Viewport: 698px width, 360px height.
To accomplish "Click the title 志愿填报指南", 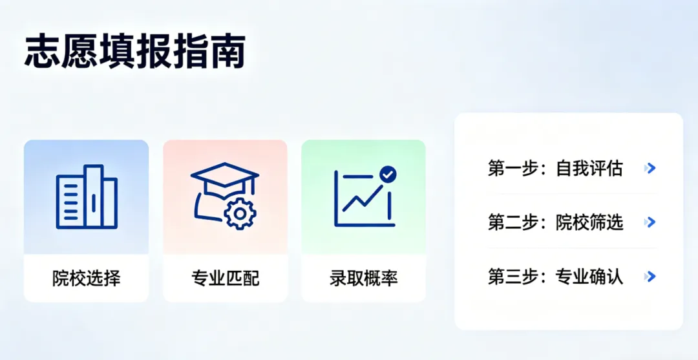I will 136,52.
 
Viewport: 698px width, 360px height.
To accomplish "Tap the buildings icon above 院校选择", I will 87,196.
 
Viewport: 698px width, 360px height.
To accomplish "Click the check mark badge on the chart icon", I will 388,174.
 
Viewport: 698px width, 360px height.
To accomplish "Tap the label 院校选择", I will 87,279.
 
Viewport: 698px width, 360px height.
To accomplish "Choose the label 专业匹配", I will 225,279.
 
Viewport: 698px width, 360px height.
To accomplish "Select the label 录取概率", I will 364,279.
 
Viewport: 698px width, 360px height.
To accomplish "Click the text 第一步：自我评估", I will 555,169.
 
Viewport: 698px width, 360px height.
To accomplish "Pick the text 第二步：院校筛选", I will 555,222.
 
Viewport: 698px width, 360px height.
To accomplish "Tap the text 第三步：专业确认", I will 555,277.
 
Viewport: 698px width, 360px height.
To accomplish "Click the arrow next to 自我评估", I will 650,169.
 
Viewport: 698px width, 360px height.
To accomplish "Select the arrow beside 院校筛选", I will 650,222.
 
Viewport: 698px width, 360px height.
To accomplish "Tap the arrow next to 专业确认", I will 650,277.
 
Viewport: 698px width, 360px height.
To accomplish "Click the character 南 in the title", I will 227,52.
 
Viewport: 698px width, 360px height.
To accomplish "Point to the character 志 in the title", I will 43,52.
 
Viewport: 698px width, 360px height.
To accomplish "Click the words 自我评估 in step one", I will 589,169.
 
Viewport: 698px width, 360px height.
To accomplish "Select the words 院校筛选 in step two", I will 589,222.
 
